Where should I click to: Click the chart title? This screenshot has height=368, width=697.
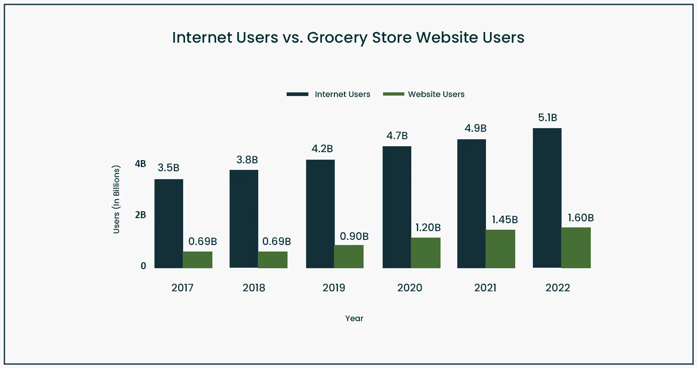point(348,38)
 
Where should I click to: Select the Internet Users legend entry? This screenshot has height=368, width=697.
point(328,94)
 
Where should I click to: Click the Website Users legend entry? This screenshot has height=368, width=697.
point(424,94)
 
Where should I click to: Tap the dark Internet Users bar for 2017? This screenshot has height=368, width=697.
point(169,224)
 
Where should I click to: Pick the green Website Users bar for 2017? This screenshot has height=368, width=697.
point(198,260)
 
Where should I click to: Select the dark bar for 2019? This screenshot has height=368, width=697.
point(320,214)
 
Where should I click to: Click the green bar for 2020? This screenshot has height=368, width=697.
point(426,253)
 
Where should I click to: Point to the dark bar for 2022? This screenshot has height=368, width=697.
point(547,198)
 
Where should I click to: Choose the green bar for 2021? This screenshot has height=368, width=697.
point(500,249)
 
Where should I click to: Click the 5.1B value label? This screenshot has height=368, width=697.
point(547,118)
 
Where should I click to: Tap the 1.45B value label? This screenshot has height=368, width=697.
point(502,220)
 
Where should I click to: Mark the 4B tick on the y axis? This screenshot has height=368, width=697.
point(141,164)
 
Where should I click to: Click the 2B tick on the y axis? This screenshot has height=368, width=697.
point(141,215)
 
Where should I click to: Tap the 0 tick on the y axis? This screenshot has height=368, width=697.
point(143,266)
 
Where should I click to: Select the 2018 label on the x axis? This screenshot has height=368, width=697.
point(254,288)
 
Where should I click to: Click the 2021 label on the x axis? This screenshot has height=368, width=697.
point(485,288)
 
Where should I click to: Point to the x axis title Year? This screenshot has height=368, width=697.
point(354,318)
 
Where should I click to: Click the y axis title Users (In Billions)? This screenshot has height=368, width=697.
point(117,199)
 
